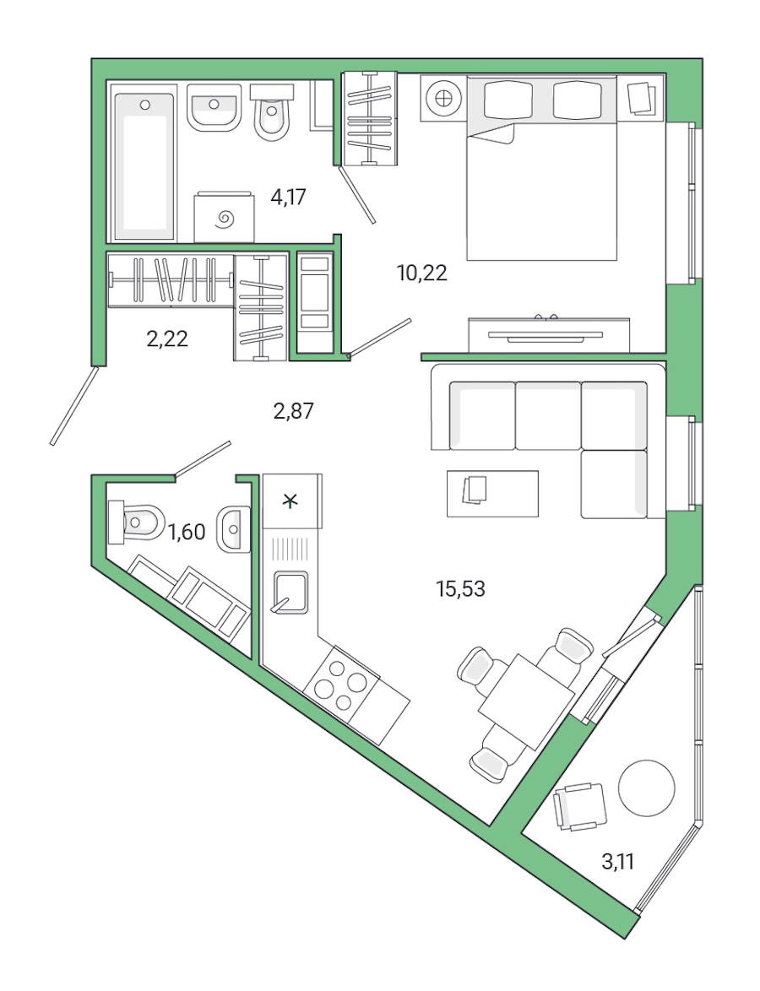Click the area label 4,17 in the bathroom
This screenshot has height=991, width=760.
[288, 198]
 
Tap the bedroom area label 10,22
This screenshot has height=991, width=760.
[421, 273]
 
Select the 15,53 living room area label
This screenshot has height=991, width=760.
[460, 589]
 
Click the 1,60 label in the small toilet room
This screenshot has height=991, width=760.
[187, 532]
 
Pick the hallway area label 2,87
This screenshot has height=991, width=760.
[293, 411]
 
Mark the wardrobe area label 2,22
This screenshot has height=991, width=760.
[167, 339]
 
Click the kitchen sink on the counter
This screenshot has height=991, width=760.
[290, 591]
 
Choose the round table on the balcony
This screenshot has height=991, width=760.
[647, 788]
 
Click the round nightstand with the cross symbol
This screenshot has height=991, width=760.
[442, 98]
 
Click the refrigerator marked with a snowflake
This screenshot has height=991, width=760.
[292, 501]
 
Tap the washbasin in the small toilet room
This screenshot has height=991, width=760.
[233, 530]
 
